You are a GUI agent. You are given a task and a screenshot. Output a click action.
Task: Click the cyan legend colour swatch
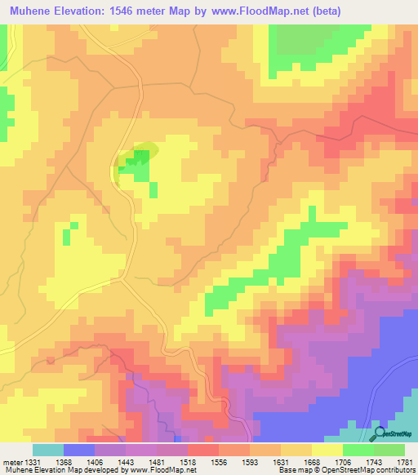click(x=48, y=450)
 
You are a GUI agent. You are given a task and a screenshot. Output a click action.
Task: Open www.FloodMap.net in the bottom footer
click(x=167, y=471)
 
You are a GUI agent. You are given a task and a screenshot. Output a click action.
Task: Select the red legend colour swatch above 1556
click(x=202, y=450)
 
